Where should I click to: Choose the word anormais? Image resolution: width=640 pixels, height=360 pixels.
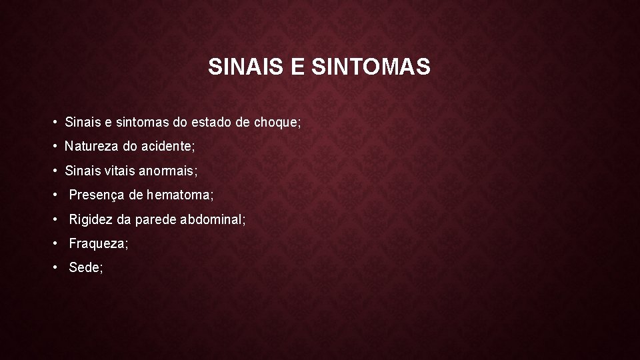(x=168, y=171)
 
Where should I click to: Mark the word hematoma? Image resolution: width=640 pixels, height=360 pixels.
(x=180, y=195)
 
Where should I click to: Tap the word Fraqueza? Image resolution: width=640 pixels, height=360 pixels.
(x=98, y=243)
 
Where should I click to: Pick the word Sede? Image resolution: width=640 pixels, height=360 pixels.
(x=85, y=267)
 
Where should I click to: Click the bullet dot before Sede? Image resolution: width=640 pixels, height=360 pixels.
(x=57, y=267)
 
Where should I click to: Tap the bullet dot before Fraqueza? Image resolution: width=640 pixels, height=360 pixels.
(x=57, y=243)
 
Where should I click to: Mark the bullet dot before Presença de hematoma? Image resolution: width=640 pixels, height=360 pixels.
(x=57, y=195)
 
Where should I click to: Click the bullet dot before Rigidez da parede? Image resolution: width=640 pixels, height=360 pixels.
(x=57, y=219)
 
